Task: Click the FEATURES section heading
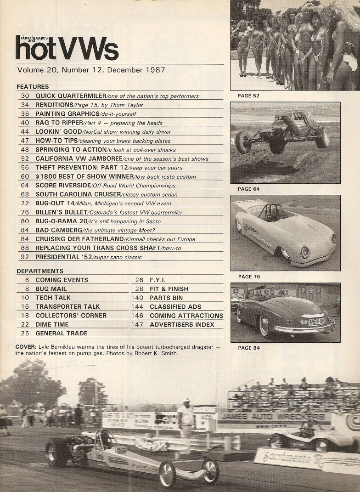point(33,87)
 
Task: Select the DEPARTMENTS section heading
point(40,271)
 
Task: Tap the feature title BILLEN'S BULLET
point(61,212)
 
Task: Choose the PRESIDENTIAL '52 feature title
point(63,257)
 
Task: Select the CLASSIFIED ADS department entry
point(175,306)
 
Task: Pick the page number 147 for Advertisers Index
point(137,324)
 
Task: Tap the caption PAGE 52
point(248,96)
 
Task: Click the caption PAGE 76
point(249,277)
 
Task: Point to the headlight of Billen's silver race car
point(304,252)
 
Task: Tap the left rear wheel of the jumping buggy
point(243,142)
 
